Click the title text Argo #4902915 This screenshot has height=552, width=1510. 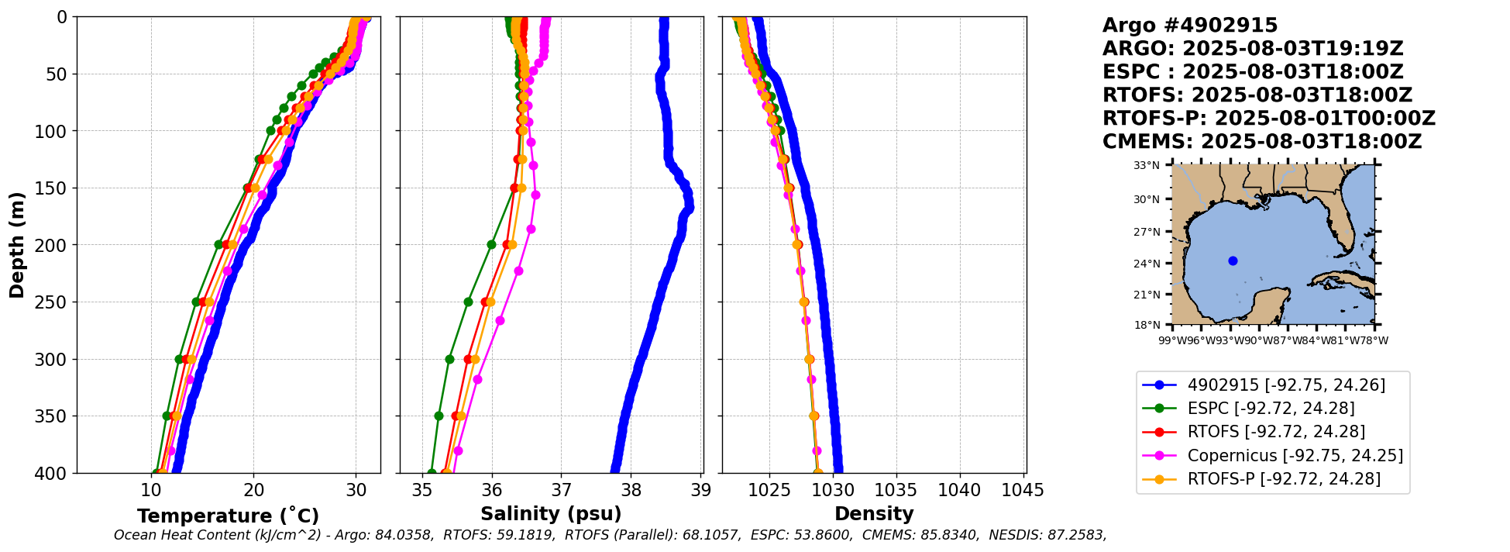[x=1190, y=26]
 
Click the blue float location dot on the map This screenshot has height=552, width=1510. [x=1233, y=260]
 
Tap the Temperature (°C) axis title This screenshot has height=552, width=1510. [x=228, y=516]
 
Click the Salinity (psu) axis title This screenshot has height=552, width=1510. [x=551, y=514]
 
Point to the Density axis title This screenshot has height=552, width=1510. [x=874, y=514]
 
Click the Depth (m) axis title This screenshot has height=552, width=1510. [x=17, y=245]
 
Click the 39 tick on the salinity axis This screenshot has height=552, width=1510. [x=701, y=491]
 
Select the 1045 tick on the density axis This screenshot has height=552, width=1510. [x=1023, y=491]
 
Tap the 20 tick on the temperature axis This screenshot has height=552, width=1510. [x=253, y=491]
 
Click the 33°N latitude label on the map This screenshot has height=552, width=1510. [x=1147, y=166]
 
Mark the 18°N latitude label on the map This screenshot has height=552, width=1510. [x=1147, y=325]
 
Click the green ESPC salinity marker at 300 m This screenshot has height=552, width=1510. [x=449, y=359]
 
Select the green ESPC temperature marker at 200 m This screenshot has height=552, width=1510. [x=218, y=244]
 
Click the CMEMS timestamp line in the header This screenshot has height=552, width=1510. [x=1262, y=142]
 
